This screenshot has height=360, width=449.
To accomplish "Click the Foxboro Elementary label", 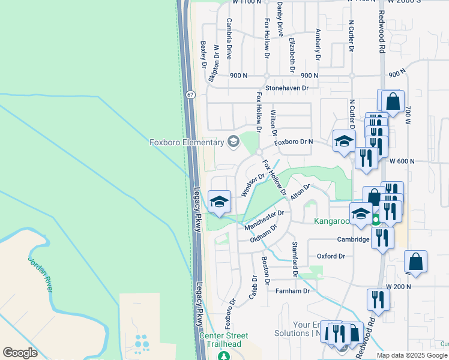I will coord(186,142).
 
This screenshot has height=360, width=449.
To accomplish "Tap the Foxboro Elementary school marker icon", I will coord(233,142).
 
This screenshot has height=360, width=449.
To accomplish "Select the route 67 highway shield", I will coord(190,95).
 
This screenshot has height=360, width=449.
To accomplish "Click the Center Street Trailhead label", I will coord(224,340).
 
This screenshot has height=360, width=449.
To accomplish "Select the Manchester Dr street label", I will coord(264,220).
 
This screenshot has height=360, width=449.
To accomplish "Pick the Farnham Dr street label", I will coord(292,291).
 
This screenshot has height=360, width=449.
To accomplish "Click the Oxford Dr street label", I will coord(331,256).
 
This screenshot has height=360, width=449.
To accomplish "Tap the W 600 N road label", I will coord(402,161).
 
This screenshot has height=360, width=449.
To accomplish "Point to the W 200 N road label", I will coord(400,287).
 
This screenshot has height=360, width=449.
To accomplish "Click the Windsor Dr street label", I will coord(253,185).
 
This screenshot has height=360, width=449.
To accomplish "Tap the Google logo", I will coord(20,352).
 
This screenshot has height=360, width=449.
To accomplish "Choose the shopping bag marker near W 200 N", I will coord(415,263).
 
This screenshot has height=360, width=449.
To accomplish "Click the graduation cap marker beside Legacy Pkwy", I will coord(220,201).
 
